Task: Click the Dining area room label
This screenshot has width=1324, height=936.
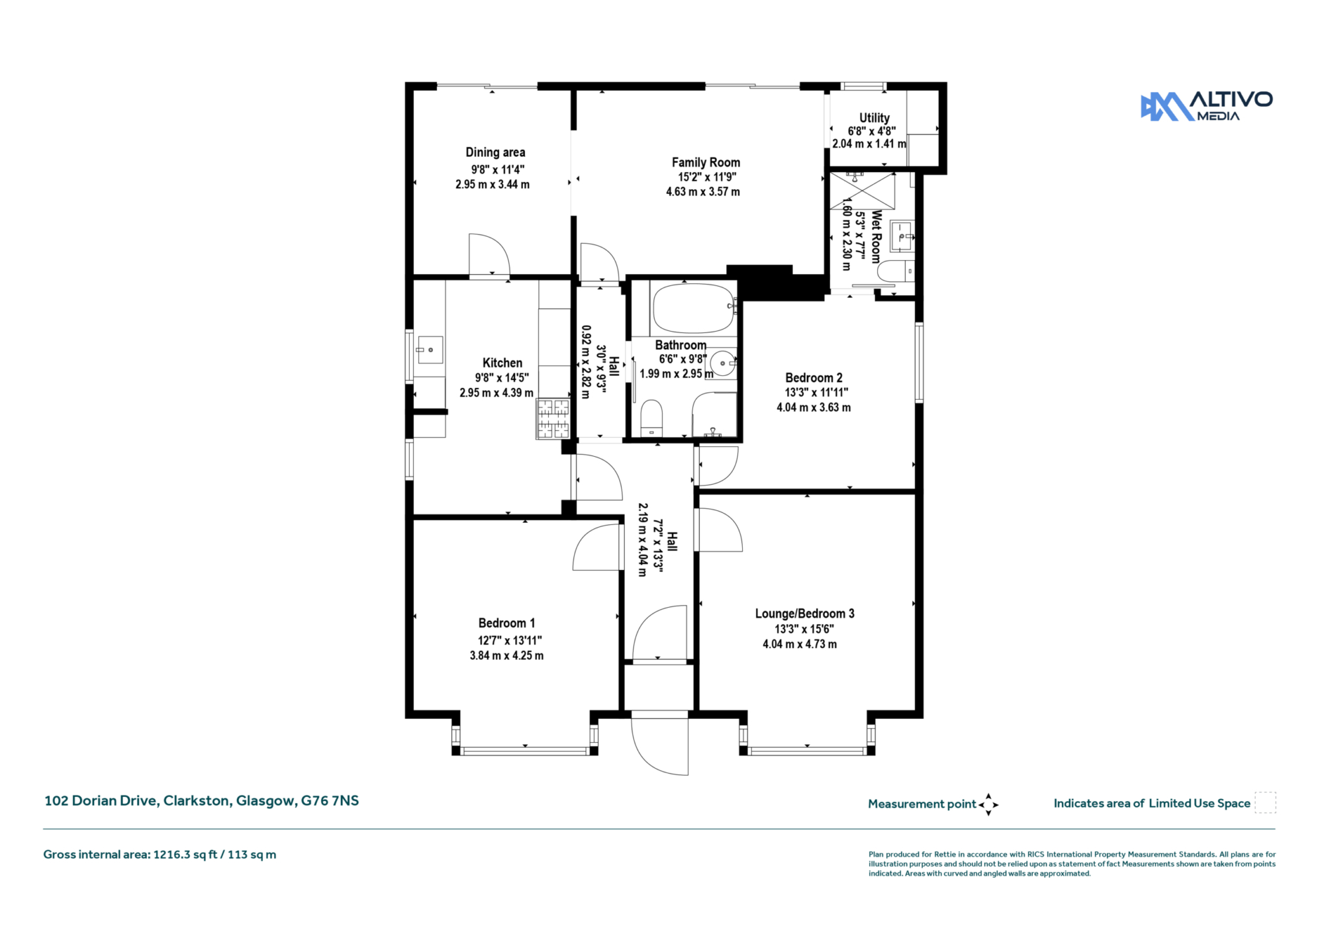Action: [495, 152]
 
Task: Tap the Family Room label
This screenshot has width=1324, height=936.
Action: [706, 162]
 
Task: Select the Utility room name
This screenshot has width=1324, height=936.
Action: [875, 117]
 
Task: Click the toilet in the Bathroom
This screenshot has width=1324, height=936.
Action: [651, 418]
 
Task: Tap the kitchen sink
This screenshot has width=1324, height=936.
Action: [430, 350]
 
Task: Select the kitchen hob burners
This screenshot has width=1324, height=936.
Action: [553, 418]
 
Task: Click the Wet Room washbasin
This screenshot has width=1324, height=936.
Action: [902, 236]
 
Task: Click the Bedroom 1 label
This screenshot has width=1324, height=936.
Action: [506, 623]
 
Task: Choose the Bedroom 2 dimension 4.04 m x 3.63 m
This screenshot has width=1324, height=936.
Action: [814, 408]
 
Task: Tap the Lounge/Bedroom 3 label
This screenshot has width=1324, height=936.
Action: [804, 614]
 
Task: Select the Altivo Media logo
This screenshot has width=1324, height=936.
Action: [1206, 107]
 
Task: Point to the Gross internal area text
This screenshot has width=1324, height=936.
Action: [160, 855]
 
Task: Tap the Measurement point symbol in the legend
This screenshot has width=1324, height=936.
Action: [988, 804]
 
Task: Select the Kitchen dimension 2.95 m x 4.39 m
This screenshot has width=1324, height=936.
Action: [496, 393]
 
